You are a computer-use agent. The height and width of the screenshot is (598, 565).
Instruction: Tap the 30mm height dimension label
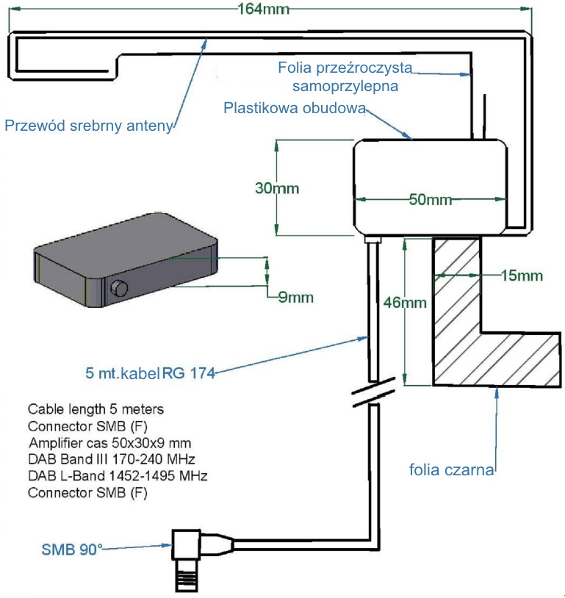[x=277, y=188]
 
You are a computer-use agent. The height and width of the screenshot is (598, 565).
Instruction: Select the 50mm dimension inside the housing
[x=430, y=200]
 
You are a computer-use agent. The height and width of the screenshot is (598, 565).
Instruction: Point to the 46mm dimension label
[x=403, y=302]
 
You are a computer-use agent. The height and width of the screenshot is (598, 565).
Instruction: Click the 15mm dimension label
[x=520, y=275]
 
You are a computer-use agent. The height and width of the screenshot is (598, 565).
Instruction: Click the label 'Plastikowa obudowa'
[x=294, y=109]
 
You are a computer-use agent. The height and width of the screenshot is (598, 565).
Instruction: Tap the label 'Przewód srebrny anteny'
[x=88, y=125]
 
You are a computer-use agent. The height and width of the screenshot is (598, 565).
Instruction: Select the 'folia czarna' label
[x=451, y=469]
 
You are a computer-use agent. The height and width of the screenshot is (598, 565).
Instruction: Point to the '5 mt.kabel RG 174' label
[x=150, y=373]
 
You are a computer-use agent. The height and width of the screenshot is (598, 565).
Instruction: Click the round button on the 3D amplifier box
[x=118, y=289]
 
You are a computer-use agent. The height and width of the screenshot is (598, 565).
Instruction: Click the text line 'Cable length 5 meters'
[x=96, y=408]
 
